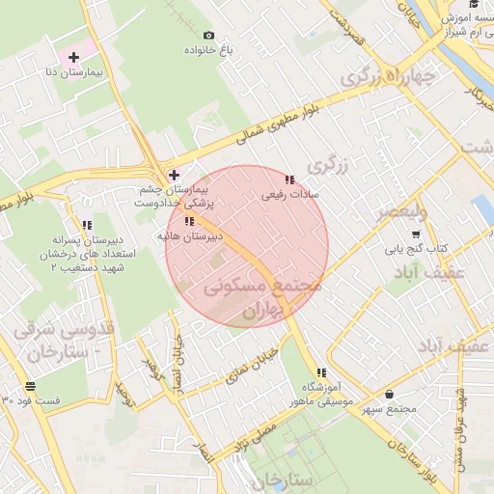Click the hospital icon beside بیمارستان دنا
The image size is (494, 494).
coord(73,58)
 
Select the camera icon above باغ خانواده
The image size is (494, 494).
coord(209,36)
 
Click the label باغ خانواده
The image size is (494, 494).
coord(209,49)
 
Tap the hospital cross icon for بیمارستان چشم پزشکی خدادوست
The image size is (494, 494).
coord(174,175)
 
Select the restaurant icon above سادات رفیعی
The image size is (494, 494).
coord(289,179)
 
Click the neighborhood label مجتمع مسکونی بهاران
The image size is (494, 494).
coord(262,299)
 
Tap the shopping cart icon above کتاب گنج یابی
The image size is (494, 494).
coord(416,234)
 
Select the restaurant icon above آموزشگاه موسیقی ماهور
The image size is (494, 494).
coord(320,372)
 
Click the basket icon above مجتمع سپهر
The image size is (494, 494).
coord(389,394)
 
